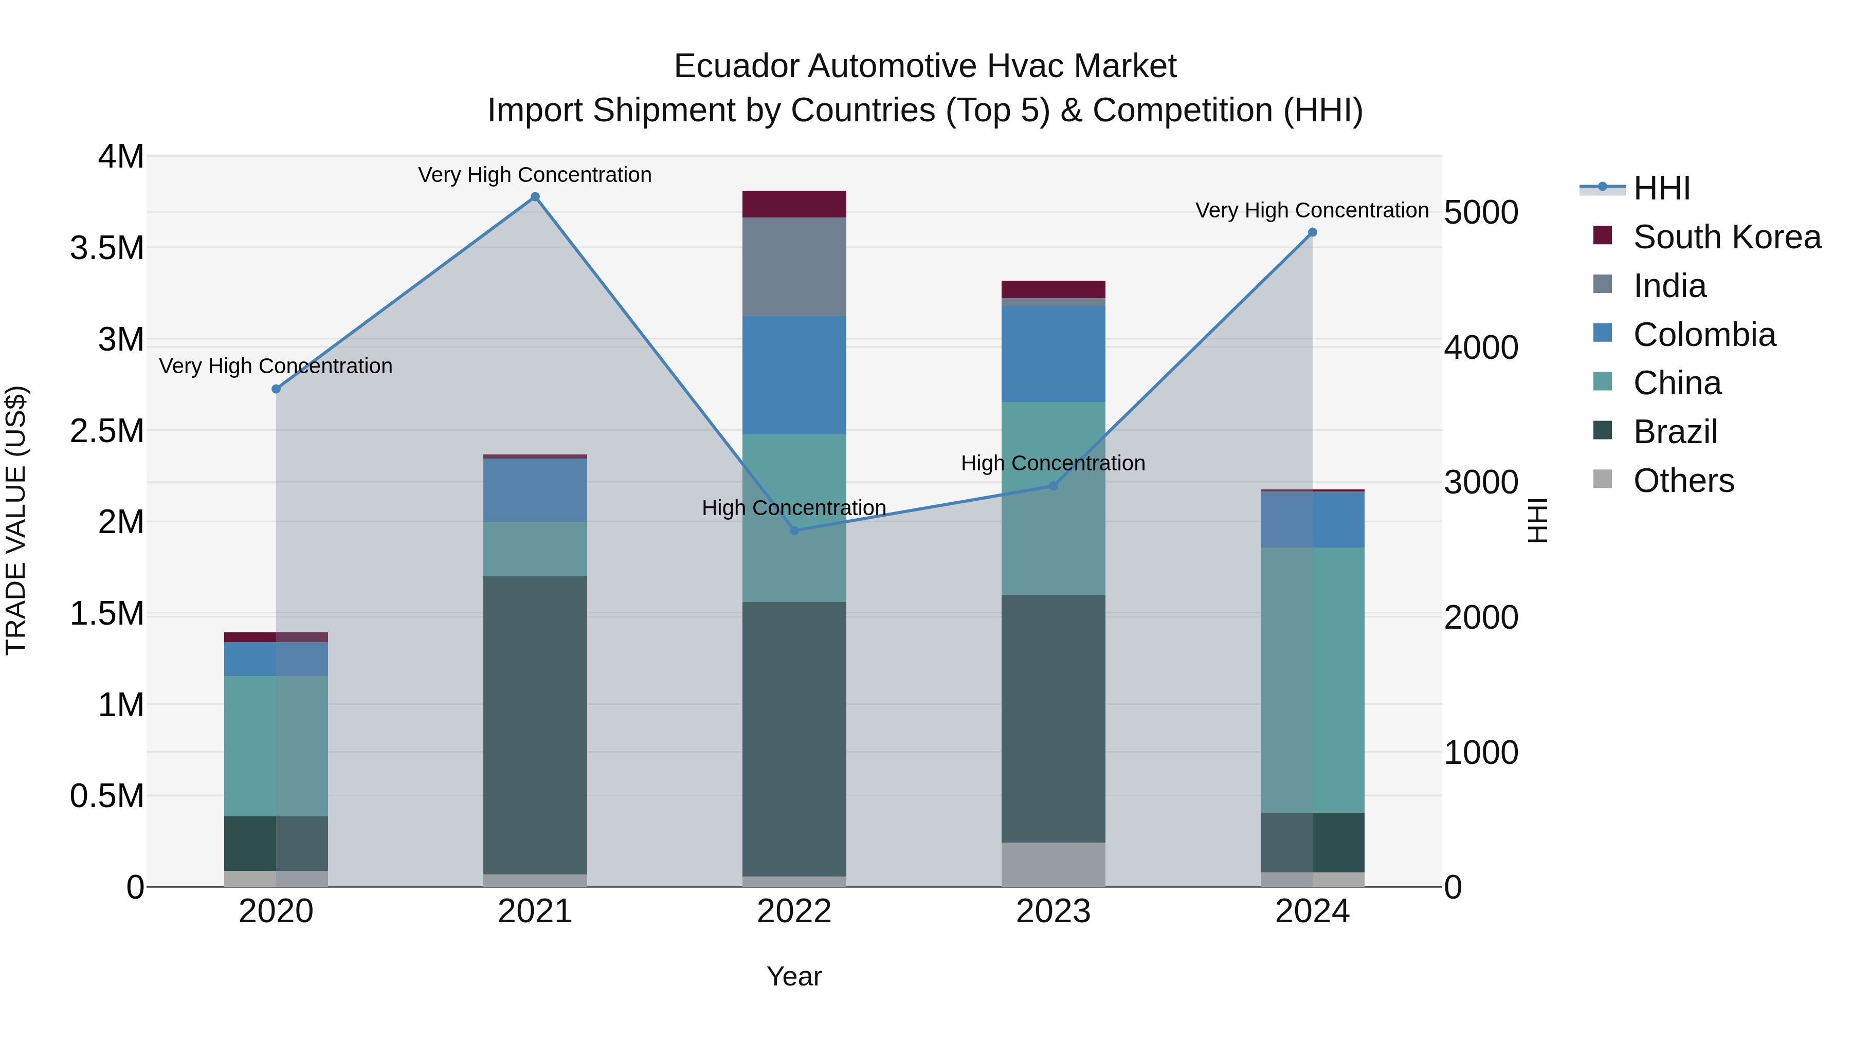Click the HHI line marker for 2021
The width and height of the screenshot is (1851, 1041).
click(535, 197)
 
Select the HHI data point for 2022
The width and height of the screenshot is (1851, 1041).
click(794, 530)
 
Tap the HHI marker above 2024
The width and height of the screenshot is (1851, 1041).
click(1312, 232)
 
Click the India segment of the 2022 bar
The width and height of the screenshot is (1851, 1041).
click(794, 266)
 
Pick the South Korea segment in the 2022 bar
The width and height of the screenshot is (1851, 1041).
click(794, 204)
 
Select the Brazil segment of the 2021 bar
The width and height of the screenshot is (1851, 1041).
click(535, 724)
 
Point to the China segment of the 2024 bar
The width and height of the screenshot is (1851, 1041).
click(1312, 680)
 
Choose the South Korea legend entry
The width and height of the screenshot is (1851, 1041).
click(1726, 236)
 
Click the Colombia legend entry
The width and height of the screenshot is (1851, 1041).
click(1704, 334)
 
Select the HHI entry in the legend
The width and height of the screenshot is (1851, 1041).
click(1661, 188)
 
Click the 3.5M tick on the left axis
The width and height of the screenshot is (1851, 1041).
click(107, 248)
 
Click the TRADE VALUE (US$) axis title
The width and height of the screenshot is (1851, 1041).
click(16, 520)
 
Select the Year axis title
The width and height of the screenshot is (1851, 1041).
click(794, 976)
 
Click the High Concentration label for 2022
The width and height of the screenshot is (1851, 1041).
click(793, 508)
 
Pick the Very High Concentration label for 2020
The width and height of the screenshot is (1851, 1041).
click(276, 367)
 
